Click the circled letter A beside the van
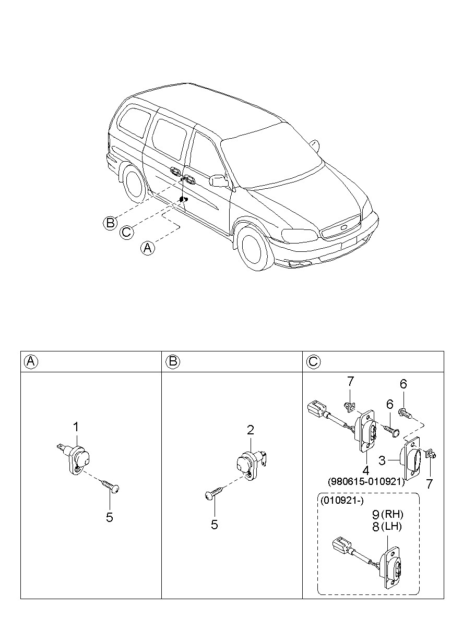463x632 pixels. (x=148, y=248)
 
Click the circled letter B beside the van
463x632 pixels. (x=110, y=223)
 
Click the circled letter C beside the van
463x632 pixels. (x=126, y=232)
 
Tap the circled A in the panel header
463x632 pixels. (x=31, y=361)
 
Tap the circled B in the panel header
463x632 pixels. (x=174, y=361)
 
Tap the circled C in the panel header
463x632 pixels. (x=313, y=361)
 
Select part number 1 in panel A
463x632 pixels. (x=76, y=427)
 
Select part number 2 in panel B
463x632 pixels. (x=251, y=430)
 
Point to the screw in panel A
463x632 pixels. (x=111, y=485)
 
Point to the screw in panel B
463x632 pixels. (x=215, y=493)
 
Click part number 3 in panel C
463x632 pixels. (x=382, y=461)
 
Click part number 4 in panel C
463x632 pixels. (x=366, y=470)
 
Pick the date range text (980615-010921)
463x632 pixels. (x=366, y=482)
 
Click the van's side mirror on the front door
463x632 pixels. (x=218, y=180)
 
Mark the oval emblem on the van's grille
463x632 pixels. (x=343, y=227)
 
